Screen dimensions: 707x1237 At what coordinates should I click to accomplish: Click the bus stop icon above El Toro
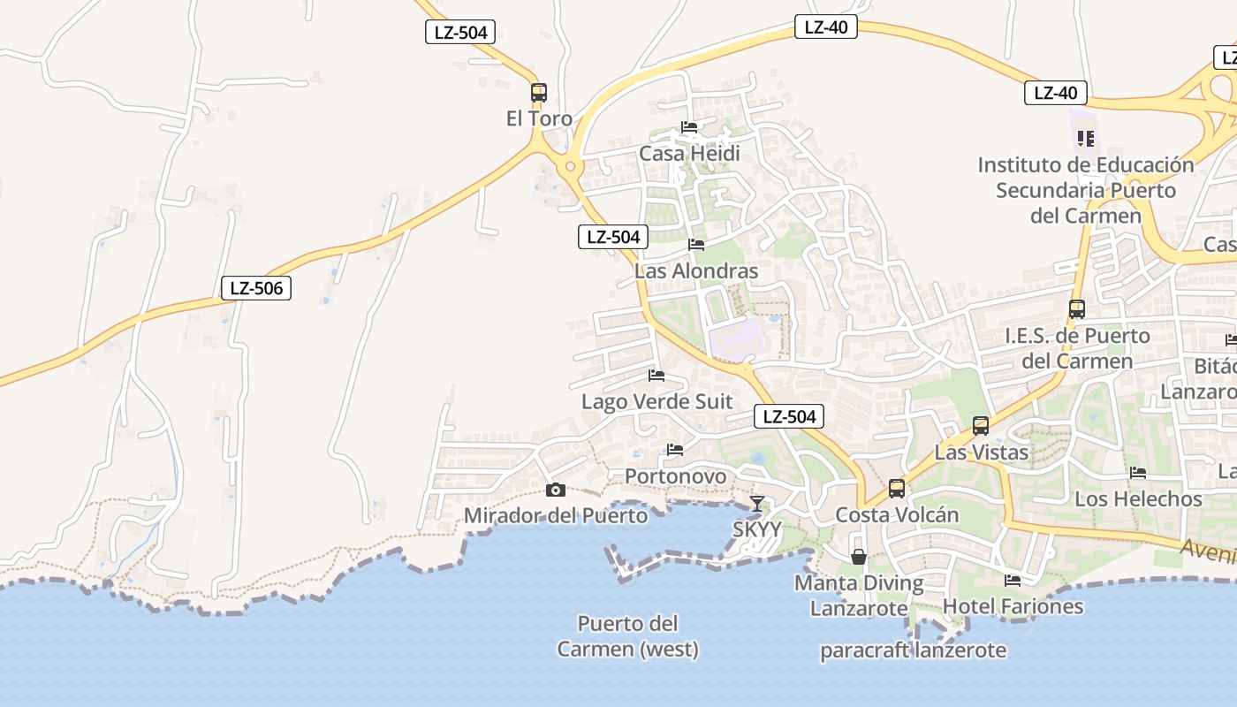539,92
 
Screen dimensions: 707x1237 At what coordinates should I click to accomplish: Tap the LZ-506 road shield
256,287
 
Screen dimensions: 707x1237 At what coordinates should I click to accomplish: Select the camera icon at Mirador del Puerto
555,490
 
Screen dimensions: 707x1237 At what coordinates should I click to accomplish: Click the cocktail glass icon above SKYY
757,504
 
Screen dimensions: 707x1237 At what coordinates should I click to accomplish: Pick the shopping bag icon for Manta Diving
858,557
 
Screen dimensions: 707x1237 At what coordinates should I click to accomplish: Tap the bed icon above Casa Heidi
689,127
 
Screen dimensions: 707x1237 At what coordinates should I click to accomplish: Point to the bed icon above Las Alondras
696,245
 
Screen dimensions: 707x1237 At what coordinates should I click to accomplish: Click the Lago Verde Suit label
656,401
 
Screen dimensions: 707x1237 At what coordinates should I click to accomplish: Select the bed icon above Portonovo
675,450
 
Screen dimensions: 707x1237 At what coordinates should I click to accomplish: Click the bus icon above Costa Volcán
897,489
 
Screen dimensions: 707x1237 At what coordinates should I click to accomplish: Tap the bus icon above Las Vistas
981,426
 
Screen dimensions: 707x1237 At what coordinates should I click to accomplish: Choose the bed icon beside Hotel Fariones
1013,581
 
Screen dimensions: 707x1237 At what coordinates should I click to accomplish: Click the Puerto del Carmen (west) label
627,636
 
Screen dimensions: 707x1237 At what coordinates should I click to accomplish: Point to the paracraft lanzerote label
913,650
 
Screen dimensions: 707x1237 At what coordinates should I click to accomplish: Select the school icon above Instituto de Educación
1086,139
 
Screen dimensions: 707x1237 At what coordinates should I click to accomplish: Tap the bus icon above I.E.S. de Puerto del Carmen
1076,309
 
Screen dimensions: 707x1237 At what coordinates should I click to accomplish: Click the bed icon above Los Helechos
1138,473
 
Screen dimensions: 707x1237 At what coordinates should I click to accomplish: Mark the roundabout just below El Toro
571,165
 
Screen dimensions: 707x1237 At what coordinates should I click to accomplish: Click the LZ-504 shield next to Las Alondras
613,237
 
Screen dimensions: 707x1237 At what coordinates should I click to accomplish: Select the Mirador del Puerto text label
555,514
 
